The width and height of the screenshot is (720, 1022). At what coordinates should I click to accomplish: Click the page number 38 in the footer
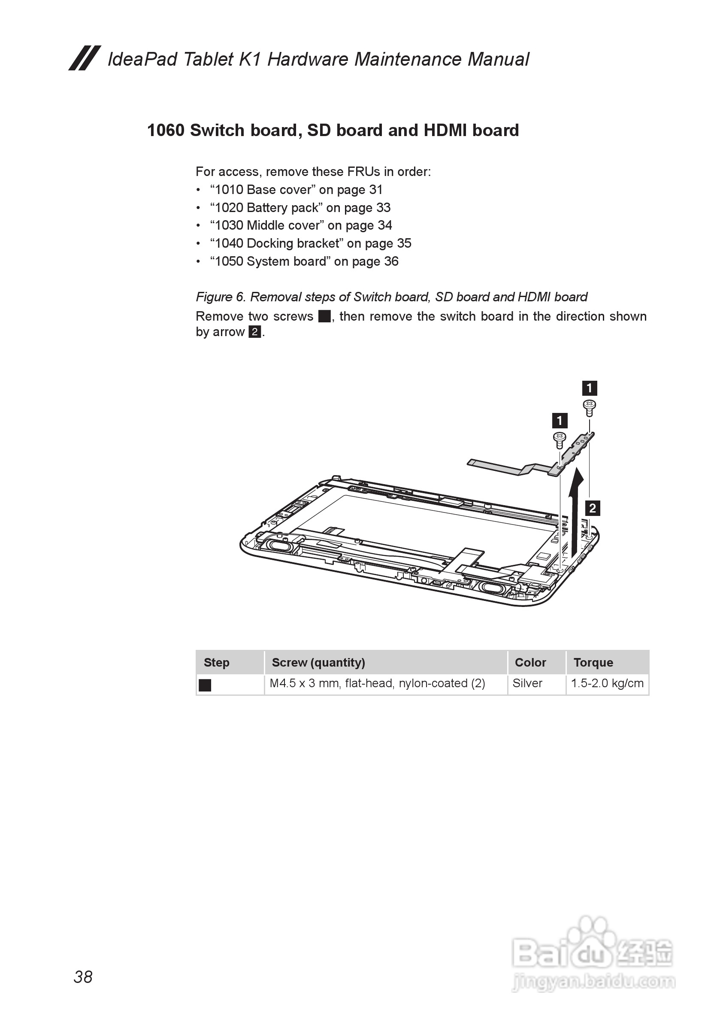click(x=83, y=977)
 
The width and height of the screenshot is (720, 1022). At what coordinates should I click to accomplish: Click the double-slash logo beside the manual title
click(x=85, y=58)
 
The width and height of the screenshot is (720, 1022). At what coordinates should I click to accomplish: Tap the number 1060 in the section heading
click(x=166, y=130)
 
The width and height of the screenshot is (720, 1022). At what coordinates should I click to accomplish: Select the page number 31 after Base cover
click(x=375, y=190)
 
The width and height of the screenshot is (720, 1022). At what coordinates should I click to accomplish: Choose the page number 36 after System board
click(x=391, y=261)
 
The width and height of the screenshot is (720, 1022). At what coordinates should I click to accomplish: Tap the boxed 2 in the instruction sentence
click(x=254, y=332)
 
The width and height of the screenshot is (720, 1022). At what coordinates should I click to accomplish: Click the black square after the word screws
click(x=324, y=316)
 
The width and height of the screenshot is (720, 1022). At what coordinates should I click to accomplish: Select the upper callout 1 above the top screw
click(x=589, y=388)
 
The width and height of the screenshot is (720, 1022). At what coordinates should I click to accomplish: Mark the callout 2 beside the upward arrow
click(x=592, y=508)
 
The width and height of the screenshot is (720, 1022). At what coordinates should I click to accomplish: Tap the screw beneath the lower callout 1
click(x=560, y=440)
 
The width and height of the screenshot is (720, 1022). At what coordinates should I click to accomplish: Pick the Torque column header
click(x=593, y=662)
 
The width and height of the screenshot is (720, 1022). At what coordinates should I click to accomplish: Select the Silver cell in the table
click(x=527, y=683)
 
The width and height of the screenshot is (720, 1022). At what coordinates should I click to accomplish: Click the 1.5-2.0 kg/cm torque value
click(x=607, y=683)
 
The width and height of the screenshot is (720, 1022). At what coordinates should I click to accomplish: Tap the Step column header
click(x=216, y=662)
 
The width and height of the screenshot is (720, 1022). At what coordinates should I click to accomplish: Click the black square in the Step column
click(x=205, y=685)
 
